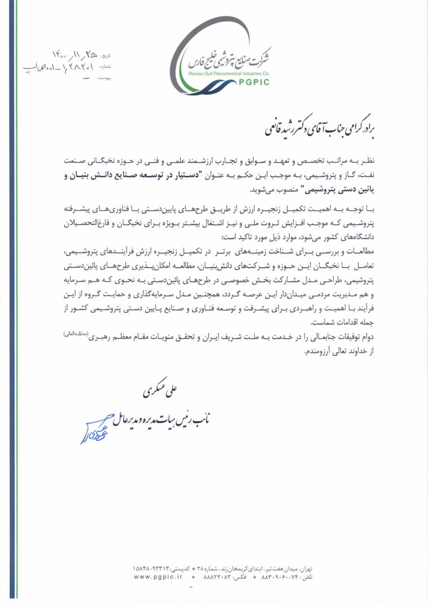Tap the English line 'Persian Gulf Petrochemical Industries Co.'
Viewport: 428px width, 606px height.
pyautogui.click(x=229, y=73)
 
